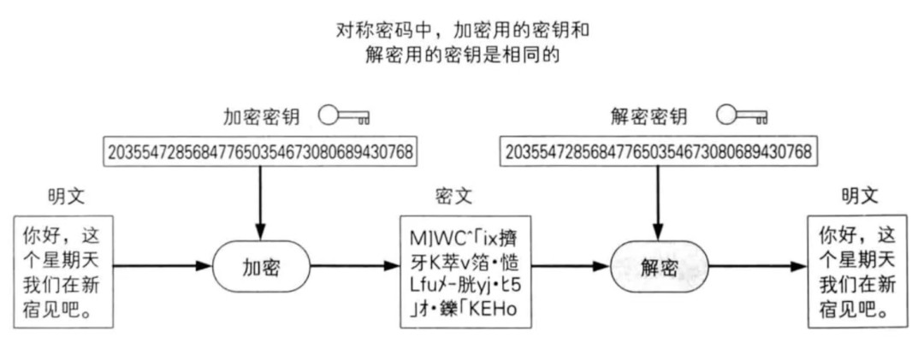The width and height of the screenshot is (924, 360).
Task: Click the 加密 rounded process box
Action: coord(258,267)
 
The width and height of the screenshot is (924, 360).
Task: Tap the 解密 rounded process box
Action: coord(659,267)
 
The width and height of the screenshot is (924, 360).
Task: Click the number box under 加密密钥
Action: coord(258,152)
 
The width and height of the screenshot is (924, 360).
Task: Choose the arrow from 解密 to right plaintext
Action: coord(758,267)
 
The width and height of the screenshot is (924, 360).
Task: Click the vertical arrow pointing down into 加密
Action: coord(258,200)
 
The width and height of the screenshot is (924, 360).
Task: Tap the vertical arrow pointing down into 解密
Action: coord(658,200)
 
